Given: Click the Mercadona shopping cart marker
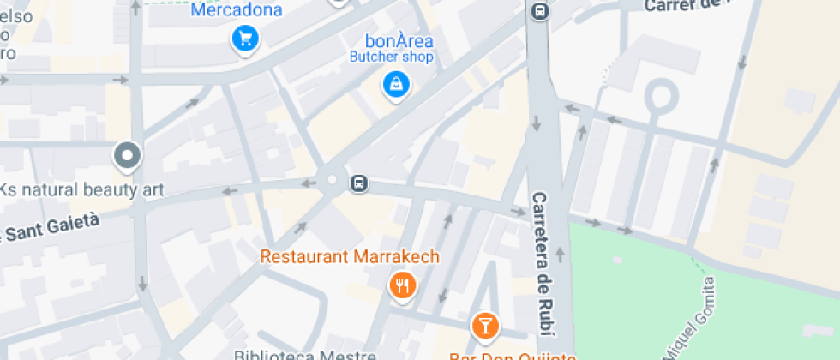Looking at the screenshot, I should point(246,39).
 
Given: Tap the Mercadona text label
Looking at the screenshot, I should point(236,10).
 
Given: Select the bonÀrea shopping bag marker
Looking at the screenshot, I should point(396,84).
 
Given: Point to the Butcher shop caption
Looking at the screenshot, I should point(391,57).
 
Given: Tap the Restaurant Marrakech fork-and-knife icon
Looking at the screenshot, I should point(401,285).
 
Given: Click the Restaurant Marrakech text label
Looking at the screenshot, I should point(350,256).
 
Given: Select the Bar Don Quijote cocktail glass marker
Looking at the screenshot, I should point(484,326).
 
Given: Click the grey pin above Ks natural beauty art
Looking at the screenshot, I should point(128,156).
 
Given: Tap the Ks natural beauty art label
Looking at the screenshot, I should point(81,189).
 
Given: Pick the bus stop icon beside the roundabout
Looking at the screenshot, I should point(359,183).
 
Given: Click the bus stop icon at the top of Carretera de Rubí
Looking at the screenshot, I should point(539,12).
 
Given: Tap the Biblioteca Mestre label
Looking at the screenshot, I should point(304,354).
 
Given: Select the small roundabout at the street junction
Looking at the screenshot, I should point(332,179).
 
